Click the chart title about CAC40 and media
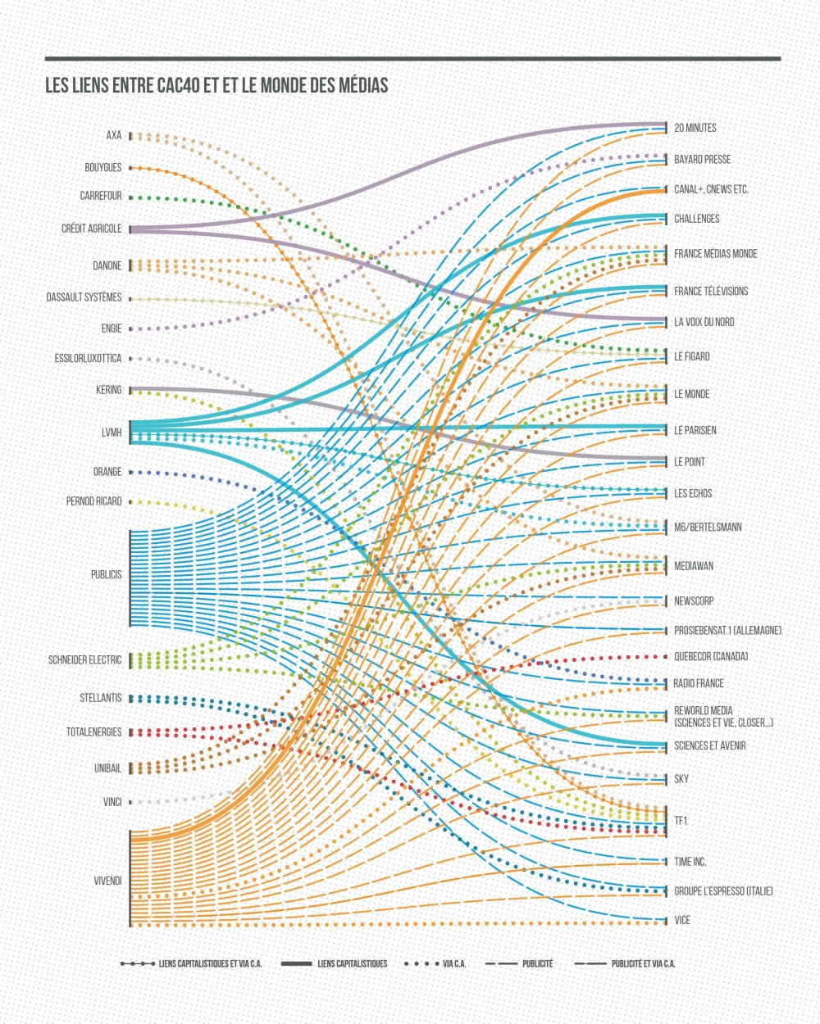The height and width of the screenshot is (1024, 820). pos(216,85)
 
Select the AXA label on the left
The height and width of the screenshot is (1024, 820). pos(114,135)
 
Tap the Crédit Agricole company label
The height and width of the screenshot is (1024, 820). pos(92,229)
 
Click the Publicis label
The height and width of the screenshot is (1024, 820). pos(107,574)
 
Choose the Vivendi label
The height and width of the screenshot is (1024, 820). pos(108,881)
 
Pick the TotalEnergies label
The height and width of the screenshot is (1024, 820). pos(94,732)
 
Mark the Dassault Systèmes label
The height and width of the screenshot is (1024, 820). pos(84,297)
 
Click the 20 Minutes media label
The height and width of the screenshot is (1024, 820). pos(695,128)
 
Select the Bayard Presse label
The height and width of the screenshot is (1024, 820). pos(703,159)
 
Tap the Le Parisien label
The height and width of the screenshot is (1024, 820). pos(695,430)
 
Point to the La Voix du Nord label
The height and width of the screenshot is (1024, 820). pos(704,322)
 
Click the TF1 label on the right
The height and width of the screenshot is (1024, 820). pos(681,820)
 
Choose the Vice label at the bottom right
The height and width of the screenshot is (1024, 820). pos(682,920)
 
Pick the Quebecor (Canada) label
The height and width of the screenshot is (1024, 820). pos(711,656)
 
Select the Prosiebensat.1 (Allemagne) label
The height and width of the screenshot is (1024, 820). pos(727,630)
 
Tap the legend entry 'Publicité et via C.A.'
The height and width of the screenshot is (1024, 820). pos(643,963)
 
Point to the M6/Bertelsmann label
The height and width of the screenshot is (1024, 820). pos(708,527)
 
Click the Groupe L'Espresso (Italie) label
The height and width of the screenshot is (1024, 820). pos(723,890)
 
